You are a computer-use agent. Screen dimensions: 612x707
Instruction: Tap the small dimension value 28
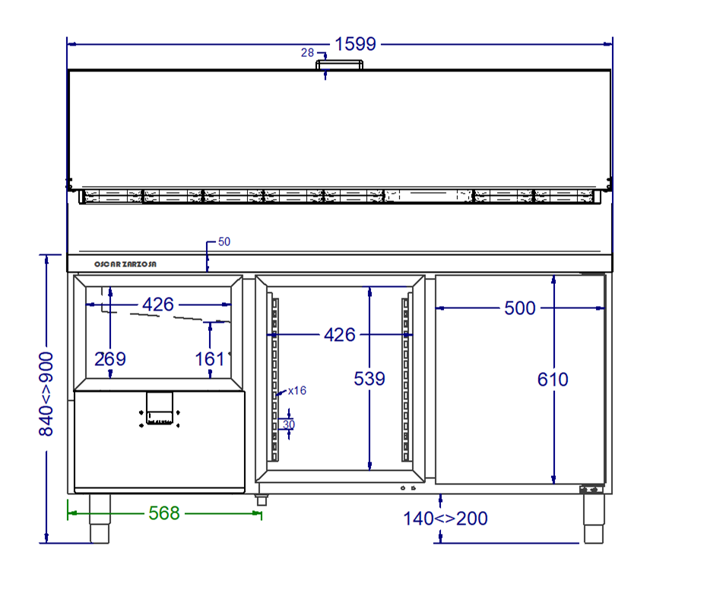click(307, 52)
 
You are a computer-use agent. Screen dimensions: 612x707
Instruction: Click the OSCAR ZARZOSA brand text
click(125, 264)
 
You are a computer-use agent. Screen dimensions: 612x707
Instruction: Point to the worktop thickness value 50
click(224, 242)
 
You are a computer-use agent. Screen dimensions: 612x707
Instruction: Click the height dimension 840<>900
click(46, 394)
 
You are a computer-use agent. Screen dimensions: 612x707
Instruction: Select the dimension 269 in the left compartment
click(110, 358)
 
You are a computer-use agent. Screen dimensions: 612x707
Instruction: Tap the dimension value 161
click(210, 358)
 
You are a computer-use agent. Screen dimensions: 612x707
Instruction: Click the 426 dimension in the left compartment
click(158, 304)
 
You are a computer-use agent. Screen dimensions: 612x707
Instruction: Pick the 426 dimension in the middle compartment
click(339, 334)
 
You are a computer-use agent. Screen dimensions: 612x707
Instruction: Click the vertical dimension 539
click(369, 378)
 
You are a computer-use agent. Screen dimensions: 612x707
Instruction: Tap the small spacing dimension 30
click(289, 425)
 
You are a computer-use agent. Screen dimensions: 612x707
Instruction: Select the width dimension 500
click(520, 308)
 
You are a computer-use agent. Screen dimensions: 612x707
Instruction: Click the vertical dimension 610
click(553, 378)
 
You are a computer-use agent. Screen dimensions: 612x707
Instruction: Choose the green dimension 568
click(163, 513)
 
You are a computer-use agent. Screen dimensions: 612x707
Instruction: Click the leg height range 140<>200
click(445, 519)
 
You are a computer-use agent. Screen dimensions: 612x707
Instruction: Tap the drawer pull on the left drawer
click(160, 409)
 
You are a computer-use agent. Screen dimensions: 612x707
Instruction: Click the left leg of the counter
click(100, 519)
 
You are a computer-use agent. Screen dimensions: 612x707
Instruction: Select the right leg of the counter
click(593, 520)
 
